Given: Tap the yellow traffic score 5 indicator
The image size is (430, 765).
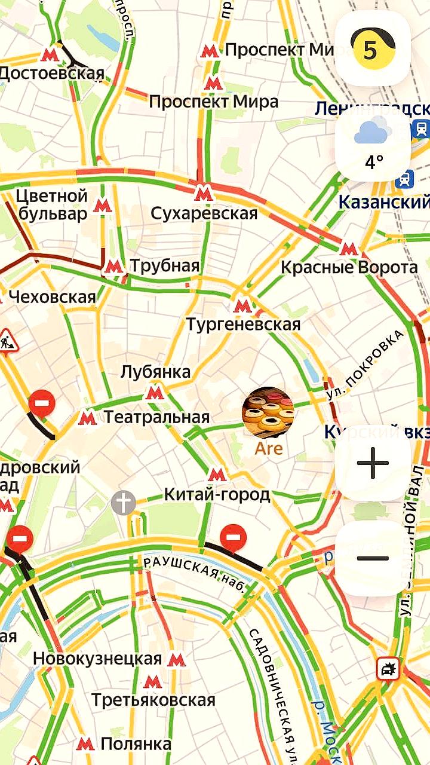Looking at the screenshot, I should [x=373, y=49].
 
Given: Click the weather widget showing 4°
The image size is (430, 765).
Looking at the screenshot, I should [x=373, y=145].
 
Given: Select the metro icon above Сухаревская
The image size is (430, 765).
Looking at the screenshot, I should [x=203, y=192].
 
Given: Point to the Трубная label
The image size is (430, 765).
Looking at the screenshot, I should [x=164, y=266].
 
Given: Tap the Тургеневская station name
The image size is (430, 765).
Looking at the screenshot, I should [x=243, y=325].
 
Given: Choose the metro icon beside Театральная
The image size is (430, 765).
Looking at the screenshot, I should [x=87, y=417].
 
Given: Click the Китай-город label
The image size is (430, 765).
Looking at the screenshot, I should [x=217, y=495].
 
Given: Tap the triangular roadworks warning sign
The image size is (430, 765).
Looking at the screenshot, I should [x=7, y=341].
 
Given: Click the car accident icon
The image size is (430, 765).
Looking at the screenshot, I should [x=388, y=668].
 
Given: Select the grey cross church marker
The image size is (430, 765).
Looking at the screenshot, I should [x=123, y=503].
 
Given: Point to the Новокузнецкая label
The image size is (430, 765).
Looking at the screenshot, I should [x=97, y=659].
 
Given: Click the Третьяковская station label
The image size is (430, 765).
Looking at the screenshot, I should [x=153, y=700].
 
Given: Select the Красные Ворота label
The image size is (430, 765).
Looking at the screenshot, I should [x=349, y=268].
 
